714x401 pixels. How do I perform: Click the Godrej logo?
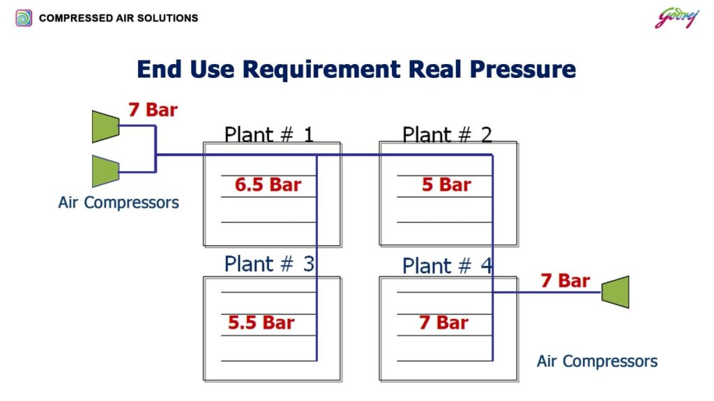[x=676, y=19]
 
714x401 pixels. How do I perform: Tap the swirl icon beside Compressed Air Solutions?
[x=24, y=18]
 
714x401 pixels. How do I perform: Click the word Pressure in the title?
[x=523, y=69]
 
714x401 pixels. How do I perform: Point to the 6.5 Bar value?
[x=268, y=184]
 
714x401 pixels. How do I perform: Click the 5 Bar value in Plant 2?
[x=446, y=184]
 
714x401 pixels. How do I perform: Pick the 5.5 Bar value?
[x=261, y=322]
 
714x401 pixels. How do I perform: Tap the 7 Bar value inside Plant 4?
[x=443, y=322]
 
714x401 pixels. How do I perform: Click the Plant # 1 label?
[x=268, y=134]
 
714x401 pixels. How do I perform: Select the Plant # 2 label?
[x=447, y=134]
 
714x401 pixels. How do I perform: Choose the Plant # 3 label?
[x=269, y=264]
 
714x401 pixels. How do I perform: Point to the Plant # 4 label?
[x=447, y=265]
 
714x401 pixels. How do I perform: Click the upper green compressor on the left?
[x=106, y=127]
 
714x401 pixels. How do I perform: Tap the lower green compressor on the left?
[x=106, y=171]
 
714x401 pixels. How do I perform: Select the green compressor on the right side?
[x=616, y=292]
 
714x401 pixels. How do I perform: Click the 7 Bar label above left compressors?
[x=153, y=109]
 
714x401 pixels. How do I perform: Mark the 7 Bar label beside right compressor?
[x=565, y=281]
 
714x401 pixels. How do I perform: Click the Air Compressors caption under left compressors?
[x=119, y=203]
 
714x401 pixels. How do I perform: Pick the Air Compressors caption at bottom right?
[x=597, y=361]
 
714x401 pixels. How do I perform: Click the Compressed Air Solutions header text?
[x=119, y=18]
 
